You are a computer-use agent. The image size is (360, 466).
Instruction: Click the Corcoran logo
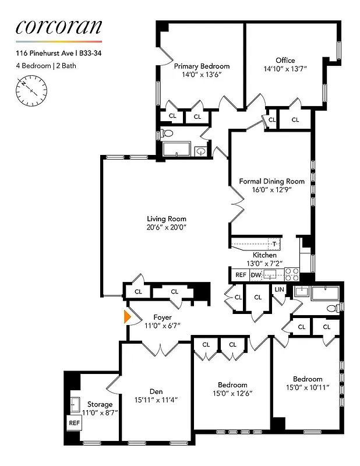click(x=58, y=26)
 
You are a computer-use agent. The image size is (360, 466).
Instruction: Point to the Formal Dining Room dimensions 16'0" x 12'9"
click(x=271, y=189)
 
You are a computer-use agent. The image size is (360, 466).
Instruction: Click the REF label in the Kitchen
click(x=241, y=274)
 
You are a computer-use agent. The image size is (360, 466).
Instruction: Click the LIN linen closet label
click(x=278, y=290)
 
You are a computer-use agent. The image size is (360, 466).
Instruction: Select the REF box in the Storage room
click(x=74, y=423)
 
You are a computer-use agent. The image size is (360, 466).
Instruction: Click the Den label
click(x=156, y=391)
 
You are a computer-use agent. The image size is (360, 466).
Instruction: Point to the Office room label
click(x=285, y=60)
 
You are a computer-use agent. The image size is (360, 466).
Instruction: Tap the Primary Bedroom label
click(x=202, y=66)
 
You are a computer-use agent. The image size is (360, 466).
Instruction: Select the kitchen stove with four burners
click(x=291, y=273)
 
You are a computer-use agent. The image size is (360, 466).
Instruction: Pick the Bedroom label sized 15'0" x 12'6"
click(x=232, y=384)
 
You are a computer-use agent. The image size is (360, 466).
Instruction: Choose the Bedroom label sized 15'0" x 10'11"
click(x=308, y=379)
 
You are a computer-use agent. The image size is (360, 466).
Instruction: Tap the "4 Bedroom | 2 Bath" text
click(x=46, y=66)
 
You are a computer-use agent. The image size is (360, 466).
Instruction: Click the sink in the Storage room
click(x=74, y=403)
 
